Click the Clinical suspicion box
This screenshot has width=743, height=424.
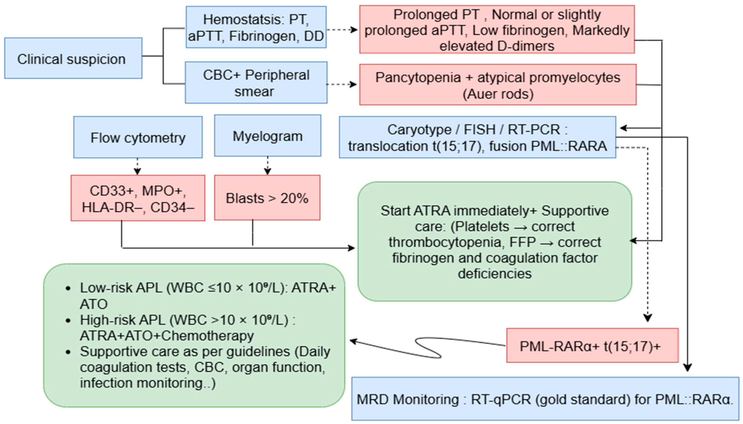click(x=73, y=58)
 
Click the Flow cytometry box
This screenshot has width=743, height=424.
click(x=138, y=138)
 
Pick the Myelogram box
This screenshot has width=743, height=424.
click(x=267, y=136)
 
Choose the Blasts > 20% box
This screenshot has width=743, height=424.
click(x=267, y=198)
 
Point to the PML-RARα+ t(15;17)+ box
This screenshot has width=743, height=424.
click(x=592, y=346)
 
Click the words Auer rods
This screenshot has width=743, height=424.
click(x=498, y=94)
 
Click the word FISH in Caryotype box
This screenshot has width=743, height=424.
click(x=479, y=129)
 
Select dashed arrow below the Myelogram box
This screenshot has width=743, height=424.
click(x=267, y=166)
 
